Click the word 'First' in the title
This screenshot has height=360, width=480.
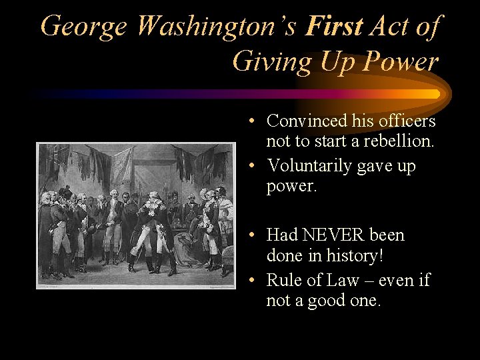pos(334,26)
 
